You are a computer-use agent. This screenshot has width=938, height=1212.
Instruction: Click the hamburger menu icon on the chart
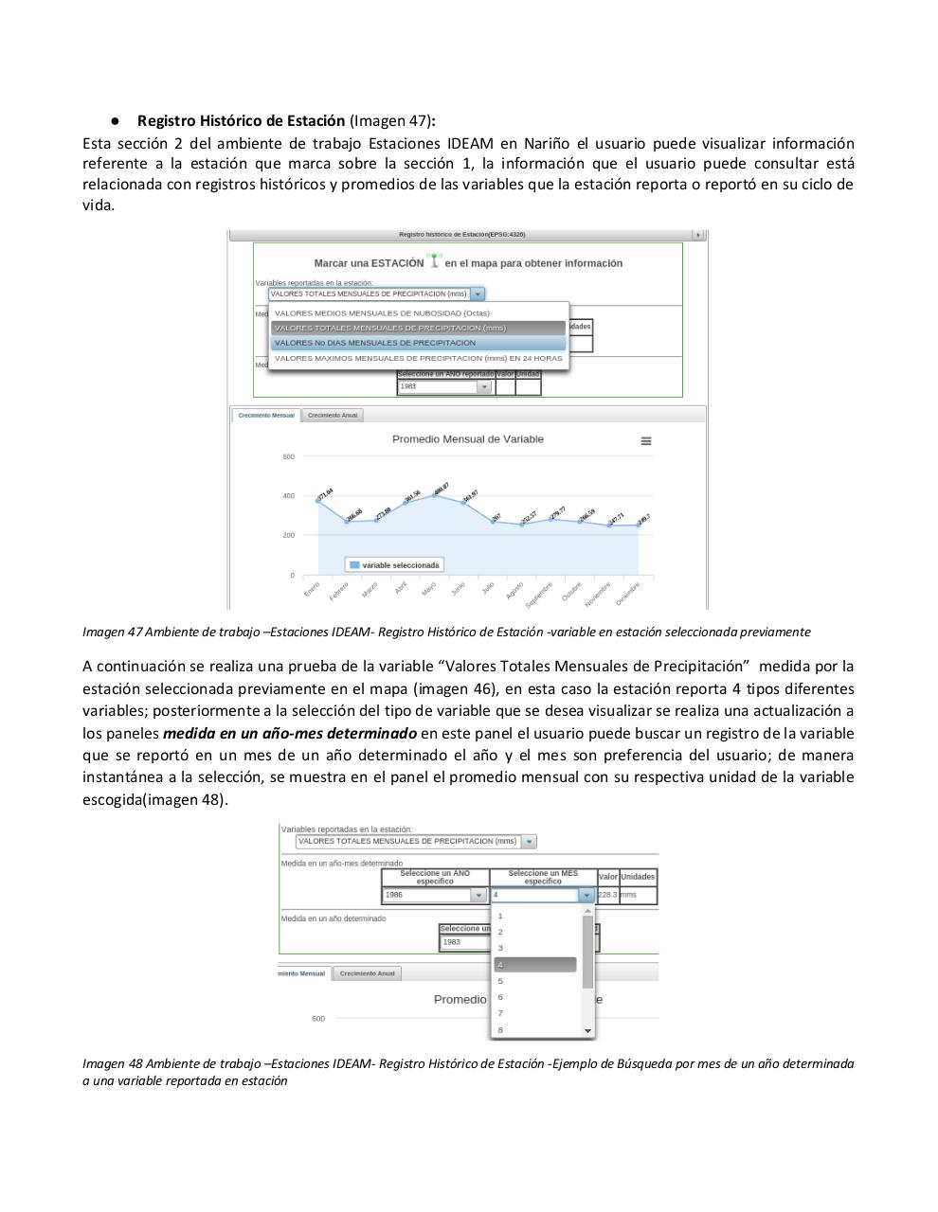point(646,441)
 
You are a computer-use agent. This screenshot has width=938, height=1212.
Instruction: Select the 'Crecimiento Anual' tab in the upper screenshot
point(333,416)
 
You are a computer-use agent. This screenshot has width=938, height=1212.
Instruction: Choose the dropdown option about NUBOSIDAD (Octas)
point(382,313)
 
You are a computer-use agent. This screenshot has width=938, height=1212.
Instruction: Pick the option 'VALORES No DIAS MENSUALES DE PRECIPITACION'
point(375,343)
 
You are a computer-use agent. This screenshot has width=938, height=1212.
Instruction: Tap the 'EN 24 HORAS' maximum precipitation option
point(418,359)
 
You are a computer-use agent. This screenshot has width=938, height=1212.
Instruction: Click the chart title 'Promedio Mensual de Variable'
point(468,439)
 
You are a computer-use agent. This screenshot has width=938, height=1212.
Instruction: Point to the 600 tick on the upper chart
point(288,457)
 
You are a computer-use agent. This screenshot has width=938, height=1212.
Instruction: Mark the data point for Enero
point(318,500)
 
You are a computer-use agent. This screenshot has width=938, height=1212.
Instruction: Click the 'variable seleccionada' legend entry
point(394,565)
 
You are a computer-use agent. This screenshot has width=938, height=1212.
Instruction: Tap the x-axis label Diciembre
point(627,594)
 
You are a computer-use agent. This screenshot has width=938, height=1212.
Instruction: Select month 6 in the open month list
point(500,997)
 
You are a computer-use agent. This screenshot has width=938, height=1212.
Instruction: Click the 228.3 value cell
point(607,895)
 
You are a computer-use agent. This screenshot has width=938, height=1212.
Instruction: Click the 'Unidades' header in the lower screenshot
point(638,877)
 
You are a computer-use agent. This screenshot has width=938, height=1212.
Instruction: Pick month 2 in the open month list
point(500,932)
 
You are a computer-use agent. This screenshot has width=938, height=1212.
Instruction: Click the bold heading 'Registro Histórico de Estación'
point(241,121)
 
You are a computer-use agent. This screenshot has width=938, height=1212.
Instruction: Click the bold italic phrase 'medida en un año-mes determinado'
point(290,734)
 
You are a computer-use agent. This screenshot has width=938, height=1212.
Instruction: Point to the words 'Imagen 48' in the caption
point(112,1064)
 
